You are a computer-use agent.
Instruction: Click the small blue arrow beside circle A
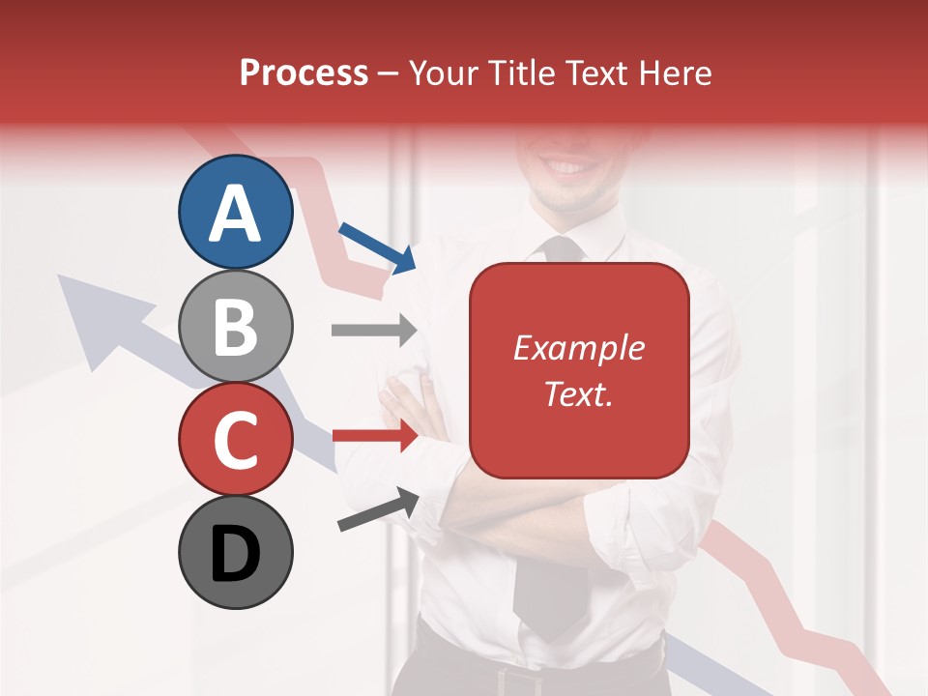pyautogui.click(x=378, y=246)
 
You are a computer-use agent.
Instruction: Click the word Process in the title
pyautogui.click(x=304, y=72)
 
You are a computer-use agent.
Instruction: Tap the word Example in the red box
pyautogui.click(x=578, y=348)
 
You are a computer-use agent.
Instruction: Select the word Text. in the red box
pyautogui.click(x=578, y=393)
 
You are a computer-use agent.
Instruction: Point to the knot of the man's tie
pyautogui.click(x=564, y=249)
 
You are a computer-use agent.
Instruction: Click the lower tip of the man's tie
pyautogui.click(x=551, y=628)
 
